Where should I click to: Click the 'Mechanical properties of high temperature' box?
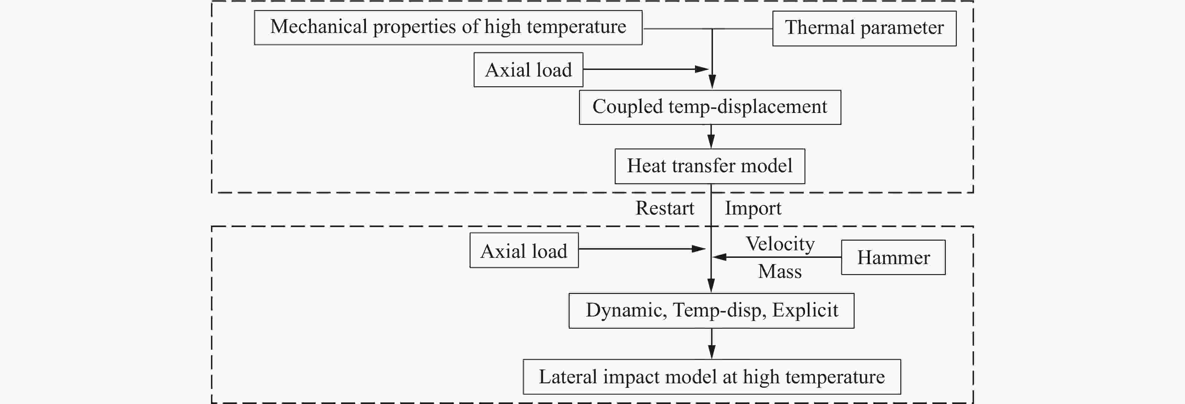click(x=448, y=28)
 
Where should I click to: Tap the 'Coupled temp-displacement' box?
click(x=710, y=107)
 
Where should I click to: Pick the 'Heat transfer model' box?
click(x=710, y=166)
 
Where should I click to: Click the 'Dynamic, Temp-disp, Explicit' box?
click(x=711, y=311)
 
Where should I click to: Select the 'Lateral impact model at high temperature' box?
click(x=712, y=377)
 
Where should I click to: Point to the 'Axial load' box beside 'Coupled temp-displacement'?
click(x=529, y=70)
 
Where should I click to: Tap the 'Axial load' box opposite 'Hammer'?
click(x=524, y=250)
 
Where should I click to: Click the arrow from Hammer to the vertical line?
click(x=777, y=257)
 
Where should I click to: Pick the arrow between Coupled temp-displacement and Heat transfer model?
click(x=711, y=136)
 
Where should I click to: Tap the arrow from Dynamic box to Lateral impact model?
click(x=712, y=344)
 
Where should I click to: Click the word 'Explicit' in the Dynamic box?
click(x=805, y=311)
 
